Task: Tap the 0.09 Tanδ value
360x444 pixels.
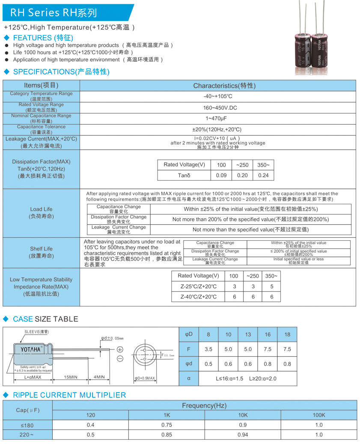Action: coord(221,175)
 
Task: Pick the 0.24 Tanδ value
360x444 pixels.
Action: coord(263,175)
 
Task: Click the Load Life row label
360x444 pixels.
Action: coord(41,213)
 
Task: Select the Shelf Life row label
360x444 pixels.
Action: coord(41,252)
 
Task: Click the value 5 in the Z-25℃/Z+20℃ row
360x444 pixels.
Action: coord(271,286)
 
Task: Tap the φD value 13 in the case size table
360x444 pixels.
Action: coord(248,334)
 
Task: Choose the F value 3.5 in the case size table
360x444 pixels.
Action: coord(208,349)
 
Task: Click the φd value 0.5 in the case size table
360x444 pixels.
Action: coord(208,364)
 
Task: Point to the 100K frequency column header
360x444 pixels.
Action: coord(318,415)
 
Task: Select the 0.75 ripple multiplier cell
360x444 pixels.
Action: coord(167,425)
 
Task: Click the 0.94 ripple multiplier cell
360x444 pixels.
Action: coord(243,435)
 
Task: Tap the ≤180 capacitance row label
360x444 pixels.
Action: coord(27,425)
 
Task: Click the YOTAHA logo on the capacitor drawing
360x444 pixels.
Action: coord(31,350)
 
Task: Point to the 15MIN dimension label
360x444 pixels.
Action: coord(70,377)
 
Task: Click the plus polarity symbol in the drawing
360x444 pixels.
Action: coord(120,349)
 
